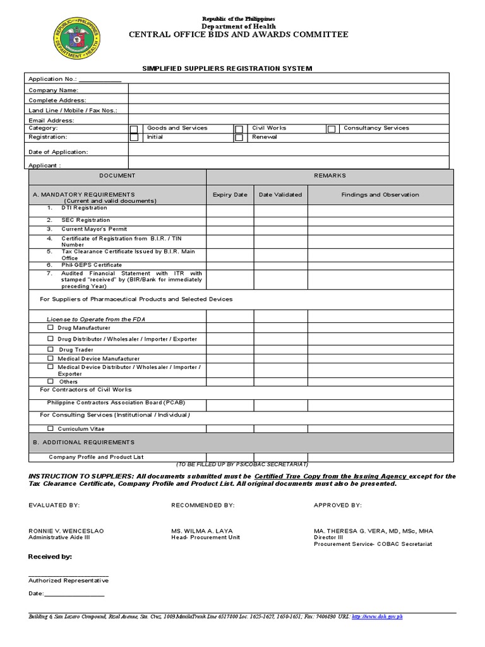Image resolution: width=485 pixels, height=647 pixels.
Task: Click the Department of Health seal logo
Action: [76, 39]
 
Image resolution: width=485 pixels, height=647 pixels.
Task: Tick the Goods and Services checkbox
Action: [134, 129]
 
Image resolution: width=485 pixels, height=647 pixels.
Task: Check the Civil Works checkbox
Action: [239, 129]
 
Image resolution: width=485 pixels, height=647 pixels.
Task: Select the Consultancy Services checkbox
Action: [331, 129]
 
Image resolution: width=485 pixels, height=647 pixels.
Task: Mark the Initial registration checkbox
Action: [134, 138]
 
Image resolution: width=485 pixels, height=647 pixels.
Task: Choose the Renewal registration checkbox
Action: [239, 138]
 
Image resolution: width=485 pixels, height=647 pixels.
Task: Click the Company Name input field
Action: [288, 90]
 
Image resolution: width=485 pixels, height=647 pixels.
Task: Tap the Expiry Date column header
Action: [230, 195]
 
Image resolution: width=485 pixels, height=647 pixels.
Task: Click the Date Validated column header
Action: [280, 195]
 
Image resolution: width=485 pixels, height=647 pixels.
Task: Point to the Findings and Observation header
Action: [380, 195]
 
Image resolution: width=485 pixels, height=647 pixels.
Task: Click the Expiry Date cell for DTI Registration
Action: [230, 209]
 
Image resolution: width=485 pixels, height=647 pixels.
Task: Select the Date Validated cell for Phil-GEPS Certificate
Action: [280, 265]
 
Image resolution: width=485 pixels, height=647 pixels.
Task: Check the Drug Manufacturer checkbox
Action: [51, 327]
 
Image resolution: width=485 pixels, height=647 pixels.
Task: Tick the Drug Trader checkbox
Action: [51, 349]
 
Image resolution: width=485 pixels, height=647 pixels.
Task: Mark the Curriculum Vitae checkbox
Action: [51, 428]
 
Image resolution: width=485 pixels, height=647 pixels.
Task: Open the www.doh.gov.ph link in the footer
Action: [377, 617]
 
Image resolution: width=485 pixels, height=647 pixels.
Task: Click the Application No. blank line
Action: [100, 80]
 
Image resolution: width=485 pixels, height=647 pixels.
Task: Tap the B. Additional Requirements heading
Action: [83, 442]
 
